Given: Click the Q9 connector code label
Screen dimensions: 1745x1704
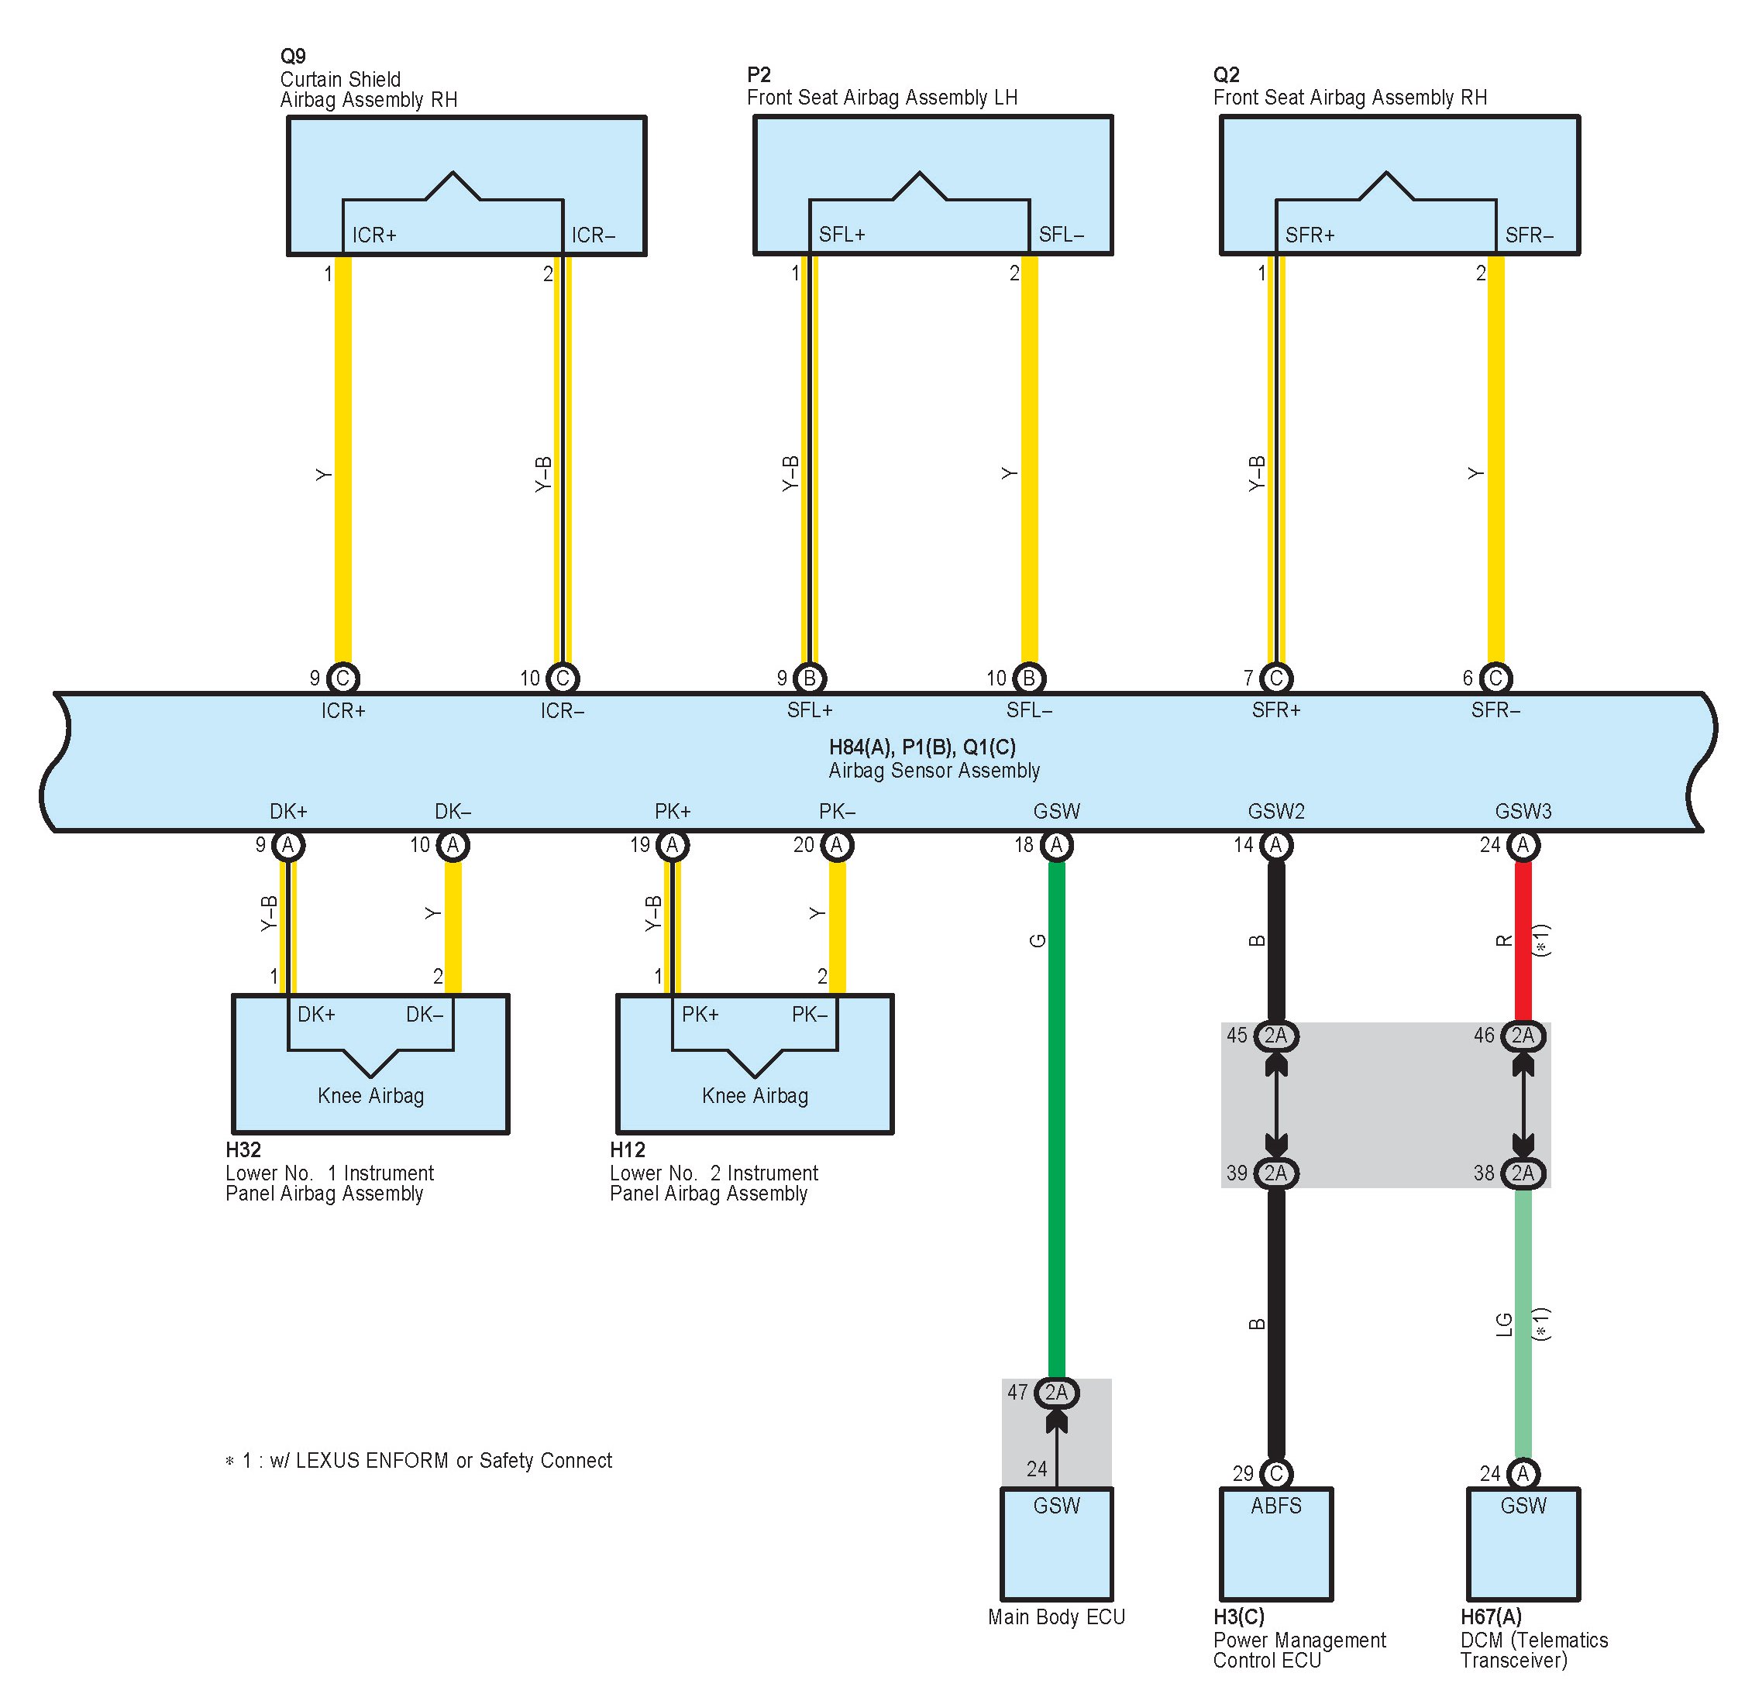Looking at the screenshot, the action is point(293,57).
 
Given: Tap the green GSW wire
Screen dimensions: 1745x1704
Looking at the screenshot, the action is point(1056,1119).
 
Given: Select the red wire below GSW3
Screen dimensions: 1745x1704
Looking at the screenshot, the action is point(1523,940).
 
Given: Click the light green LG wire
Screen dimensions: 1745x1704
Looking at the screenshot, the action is point(1523,1324).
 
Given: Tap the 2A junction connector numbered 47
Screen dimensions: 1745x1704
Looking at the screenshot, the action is point(1056,1393).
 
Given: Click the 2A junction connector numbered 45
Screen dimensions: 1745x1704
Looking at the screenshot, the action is point(1276,1036).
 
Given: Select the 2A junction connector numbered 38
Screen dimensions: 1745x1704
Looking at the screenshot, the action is point(1523,1173).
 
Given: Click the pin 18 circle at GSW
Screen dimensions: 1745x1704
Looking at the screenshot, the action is point(1056,845).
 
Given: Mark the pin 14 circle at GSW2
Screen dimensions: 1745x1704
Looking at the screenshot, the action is point(1276,845).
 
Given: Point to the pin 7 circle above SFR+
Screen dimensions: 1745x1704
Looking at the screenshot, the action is point(1276,679).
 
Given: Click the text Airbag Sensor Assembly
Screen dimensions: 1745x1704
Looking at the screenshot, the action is point(934,771).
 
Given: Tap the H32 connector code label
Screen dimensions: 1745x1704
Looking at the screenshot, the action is point(243,1150).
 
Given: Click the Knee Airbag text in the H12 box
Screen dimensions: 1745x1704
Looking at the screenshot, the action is point(755,1096).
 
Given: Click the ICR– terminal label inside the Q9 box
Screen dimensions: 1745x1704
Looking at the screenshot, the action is point(594,235).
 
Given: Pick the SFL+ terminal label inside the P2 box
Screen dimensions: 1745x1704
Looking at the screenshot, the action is point(842,235).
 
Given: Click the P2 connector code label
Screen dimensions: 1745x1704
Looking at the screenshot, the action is point(759,74).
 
